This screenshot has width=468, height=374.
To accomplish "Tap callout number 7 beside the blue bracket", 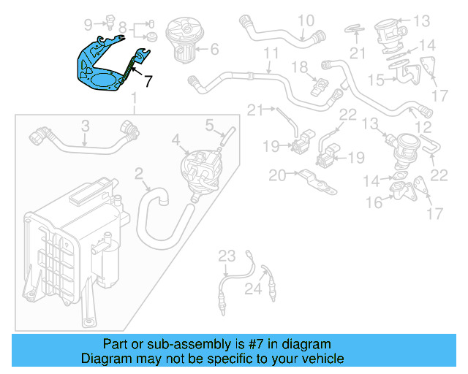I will click(x=148, y=81).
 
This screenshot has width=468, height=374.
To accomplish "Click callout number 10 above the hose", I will click(x=305, y=20).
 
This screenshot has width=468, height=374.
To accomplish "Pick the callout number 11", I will click(x=271, y=53).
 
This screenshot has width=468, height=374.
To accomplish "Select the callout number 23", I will click(x=227, y=255).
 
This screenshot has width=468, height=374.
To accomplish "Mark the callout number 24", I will click(x=253, y=290).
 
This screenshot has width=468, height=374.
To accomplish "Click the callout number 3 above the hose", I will click(x=85, y=126).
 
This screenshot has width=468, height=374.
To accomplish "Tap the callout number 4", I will click(x=175, y=139).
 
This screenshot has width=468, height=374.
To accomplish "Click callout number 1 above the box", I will click(x=134, y=99).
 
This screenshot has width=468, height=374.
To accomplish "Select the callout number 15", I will click(x=376, y=79).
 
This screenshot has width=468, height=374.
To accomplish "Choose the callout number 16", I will click(x=374, y=202).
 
